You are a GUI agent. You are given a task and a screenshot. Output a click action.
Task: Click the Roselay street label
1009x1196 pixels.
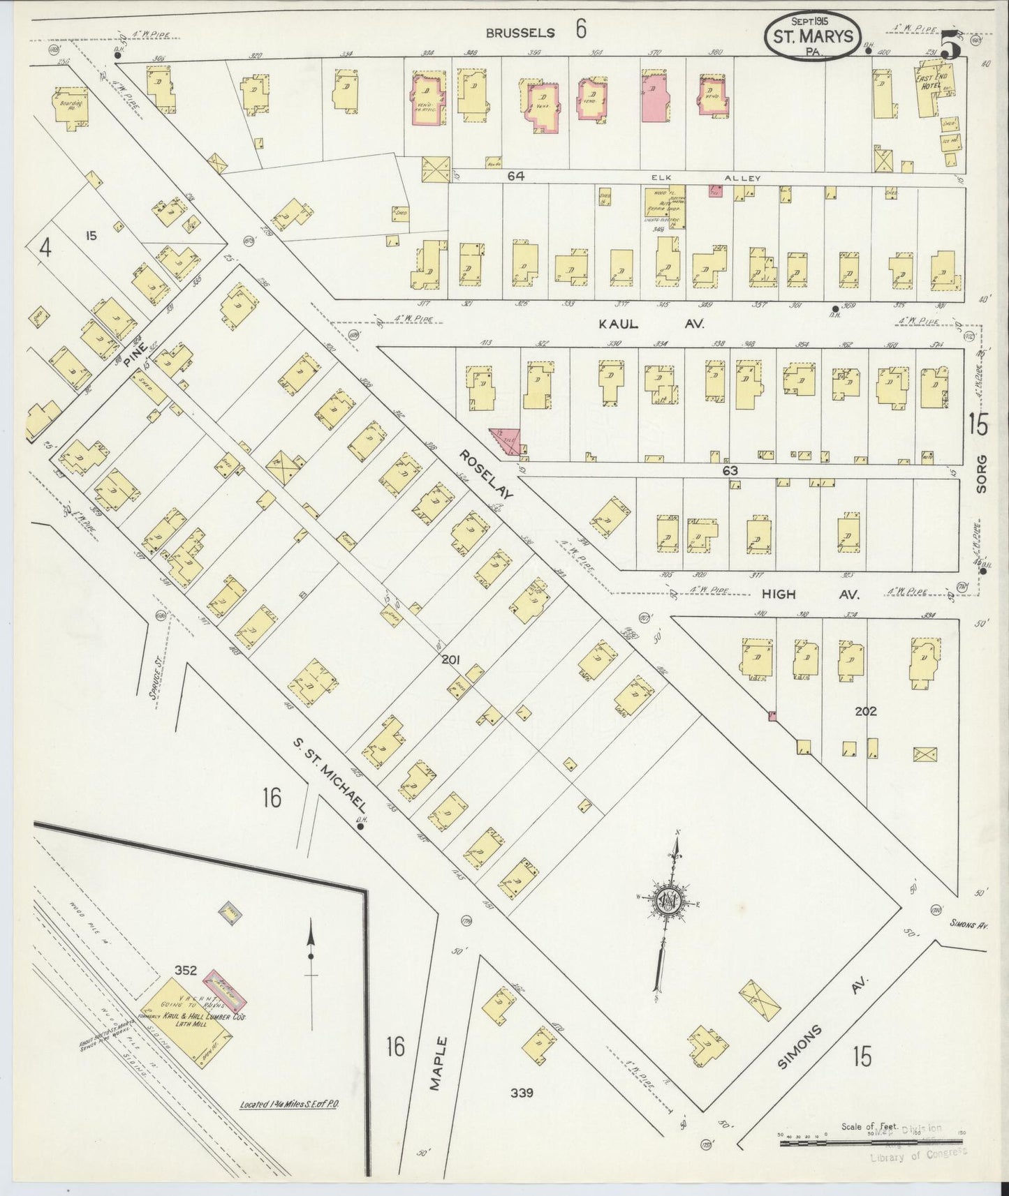pos(487,474)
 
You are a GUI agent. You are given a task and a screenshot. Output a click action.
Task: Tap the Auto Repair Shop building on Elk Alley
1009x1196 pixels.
pos(664,207)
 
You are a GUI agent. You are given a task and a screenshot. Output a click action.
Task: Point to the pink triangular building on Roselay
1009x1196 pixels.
pos(503,442)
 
